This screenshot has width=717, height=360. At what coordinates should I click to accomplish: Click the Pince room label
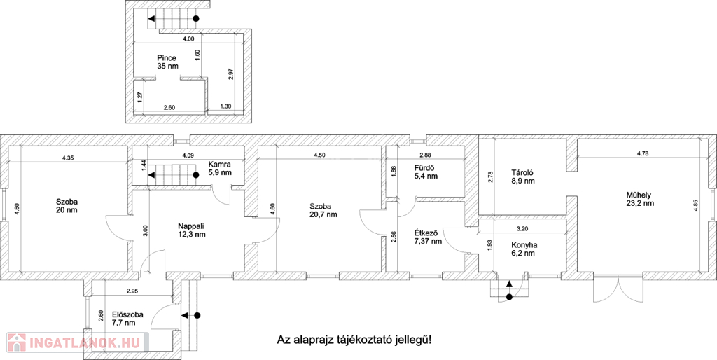pyautogui.click(x=167, y=58)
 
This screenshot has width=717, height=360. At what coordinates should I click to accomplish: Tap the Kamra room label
pyautogui.click(x=218, y=164)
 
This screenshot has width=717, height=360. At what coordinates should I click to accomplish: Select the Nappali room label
pyautogui.click(x=192, y=226)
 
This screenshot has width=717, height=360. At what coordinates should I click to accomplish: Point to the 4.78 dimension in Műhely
pyautogui.click(x=643, y=153)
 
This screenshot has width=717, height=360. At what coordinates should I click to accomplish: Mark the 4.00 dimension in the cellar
pyautogui.click(x=188, y=39)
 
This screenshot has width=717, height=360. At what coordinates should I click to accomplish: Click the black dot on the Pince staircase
pyautogui.click(x=196, y=19)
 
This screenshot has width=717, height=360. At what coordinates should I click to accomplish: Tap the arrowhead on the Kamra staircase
pyautogui.click(x=151, y=174)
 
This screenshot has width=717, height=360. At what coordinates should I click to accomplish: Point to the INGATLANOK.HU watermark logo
pyautogui.click(x=76, y=342)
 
